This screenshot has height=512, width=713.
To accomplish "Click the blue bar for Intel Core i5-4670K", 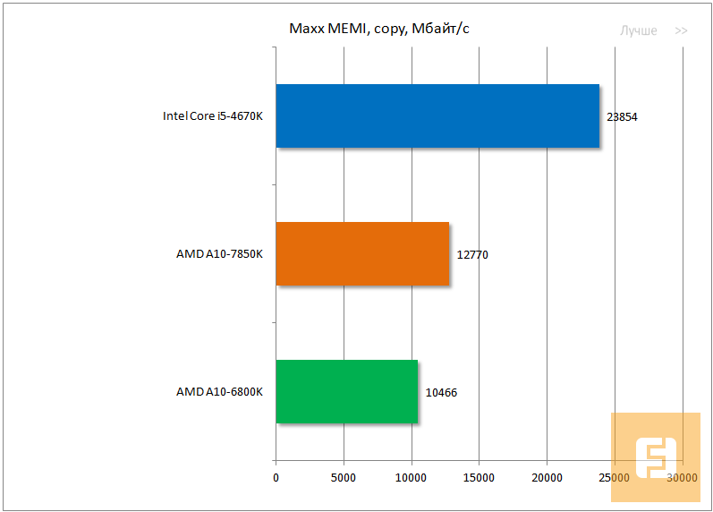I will (x=437, y=115).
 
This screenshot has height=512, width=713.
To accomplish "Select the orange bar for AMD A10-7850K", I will (x=361, y=253).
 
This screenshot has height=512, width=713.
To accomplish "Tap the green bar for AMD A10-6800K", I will (x=346, y=391).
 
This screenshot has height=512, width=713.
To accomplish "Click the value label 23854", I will (x=622, y=117).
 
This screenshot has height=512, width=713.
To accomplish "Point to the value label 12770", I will (x=472, y=255).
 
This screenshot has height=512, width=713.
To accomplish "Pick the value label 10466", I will (x=441, y=393).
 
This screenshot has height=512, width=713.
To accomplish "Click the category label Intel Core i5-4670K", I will (x=212, y=116).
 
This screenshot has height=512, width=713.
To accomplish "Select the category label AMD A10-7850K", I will (x=219, y=254).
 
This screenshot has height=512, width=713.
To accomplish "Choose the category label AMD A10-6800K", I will (x=219, y=392).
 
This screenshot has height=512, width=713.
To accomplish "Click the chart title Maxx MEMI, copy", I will (x=379, y=30).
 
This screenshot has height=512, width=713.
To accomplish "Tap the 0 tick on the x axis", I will (x=276, y=479).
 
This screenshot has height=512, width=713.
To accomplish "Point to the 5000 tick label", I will (x=344, y=479).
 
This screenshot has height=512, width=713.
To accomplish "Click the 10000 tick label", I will (x=412, y=479).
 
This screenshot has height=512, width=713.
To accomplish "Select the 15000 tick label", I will (x=480, y=479).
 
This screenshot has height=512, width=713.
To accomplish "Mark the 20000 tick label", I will (x=547, y=479).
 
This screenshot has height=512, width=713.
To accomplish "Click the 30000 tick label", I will (x=683, y=479).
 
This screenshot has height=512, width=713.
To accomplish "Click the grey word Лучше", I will (x=639, y=30).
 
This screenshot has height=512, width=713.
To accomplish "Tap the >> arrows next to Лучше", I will (x=681, y=30).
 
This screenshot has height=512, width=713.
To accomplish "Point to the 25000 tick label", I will (x=615, y=479).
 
